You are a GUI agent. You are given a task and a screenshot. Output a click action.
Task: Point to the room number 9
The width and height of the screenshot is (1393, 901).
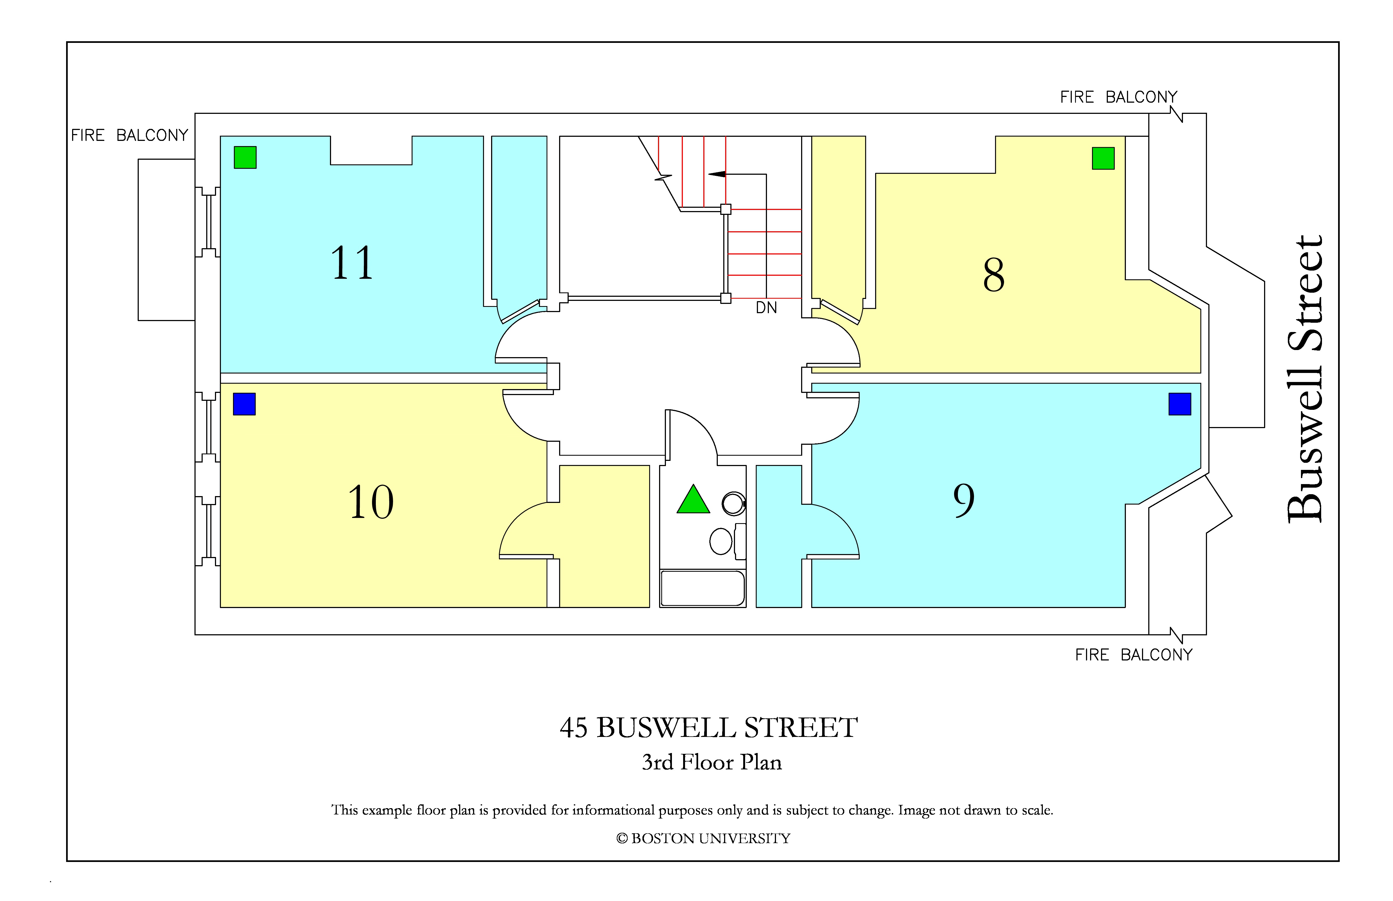[x=964, y=501]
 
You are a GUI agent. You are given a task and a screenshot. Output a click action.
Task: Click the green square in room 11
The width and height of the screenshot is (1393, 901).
[x=245, y=157]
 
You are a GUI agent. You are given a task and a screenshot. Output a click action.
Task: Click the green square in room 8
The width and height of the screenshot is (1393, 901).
[x=1103, y=158]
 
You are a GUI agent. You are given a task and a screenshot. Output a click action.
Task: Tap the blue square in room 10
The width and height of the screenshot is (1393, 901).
[x=244, y=404]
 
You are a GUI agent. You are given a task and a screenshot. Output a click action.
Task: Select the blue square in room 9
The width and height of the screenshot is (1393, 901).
[x=1179, y=404]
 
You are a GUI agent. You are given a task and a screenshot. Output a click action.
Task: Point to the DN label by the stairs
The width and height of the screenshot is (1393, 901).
[x=766, y=308]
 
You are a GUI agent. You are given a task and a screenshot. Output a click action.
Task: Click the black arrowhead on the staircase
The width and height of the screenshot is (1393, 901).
[x=717, y=174]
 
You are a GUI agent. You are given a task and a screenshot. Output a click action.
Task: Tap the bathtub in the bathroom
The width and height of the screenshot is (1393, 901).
[x=702, y=588]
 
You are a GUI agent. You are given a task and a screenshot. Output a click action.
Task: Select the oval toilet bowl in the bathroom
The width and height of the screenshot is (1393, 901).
[x=721, y=541]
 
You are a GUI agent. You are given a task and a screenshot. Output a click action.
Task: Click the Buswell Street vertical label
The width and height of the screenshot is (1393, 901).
[x=1305, y=379]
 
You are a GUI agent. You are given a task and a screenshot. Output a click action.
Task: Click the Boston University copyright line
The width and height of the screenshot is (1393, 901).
[x=703, y=838]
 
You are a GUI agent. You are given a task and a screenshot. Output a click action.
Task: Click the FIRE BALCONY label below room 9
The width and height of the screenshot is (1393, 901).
[x=1134, y=655]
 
